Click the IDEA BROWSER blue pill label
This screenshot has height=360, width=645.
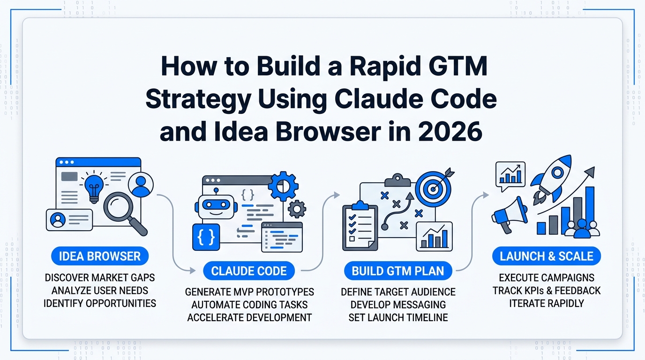click(x=99, y=256)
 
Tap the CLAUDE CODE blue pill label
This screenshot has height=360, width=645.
click(x=249, y=271)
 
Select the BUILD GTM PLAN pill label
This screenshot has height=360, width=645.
click(x=398, y=271)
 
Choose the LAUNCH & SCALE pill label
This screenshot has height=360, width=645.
click(x=546, y=256)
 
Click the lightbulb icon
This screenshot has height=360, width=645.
click(x=94, y=186)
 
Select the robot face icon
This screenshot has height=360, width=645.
click(x=215, y=207)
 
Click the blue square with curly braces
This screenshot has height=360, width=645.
click(x=206, y=237)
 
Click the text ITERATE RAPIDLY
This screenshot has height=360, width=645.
click(x=547, y=303)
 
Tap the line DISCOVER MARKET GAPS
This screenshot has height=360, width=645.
click(x=99, y=277)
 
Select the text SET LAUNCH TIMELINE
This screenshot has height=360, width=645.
click(x=398, y=317)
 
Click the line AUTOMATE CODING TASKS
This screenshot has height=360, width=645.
click(x=249, y=305)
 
